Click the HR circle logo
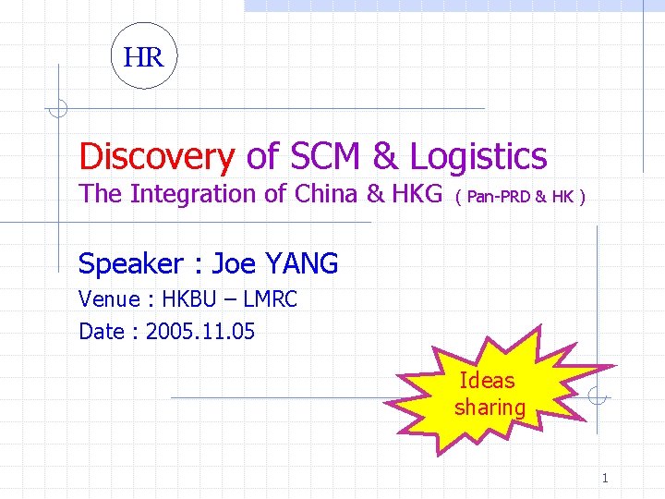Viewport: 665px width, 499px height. coord(143,56)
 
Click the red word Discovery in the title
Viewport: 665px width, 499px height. coord(156,157)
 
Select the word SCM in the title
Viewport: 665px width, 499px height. coord(328,157)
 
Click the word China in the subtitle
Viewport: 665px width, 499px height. coord(327,194)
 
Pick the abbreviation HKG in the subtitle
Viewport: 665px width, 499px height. coord(416,194)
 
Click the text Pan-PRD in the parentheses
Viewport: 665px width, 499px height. coord(499,197)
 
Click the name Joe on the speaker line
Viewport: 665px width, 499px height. coord(234,264)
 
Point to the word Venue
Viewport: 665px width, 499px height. coord(108,299)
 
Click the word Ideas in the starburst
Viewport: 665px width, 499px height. coord(487,381)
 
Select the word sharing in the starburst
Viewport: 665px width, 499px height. coord(490,408)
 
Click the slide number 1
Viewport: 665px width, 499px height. coord(605,478)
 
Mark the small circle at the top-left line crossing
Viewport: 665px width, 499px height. coord(57,109)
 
